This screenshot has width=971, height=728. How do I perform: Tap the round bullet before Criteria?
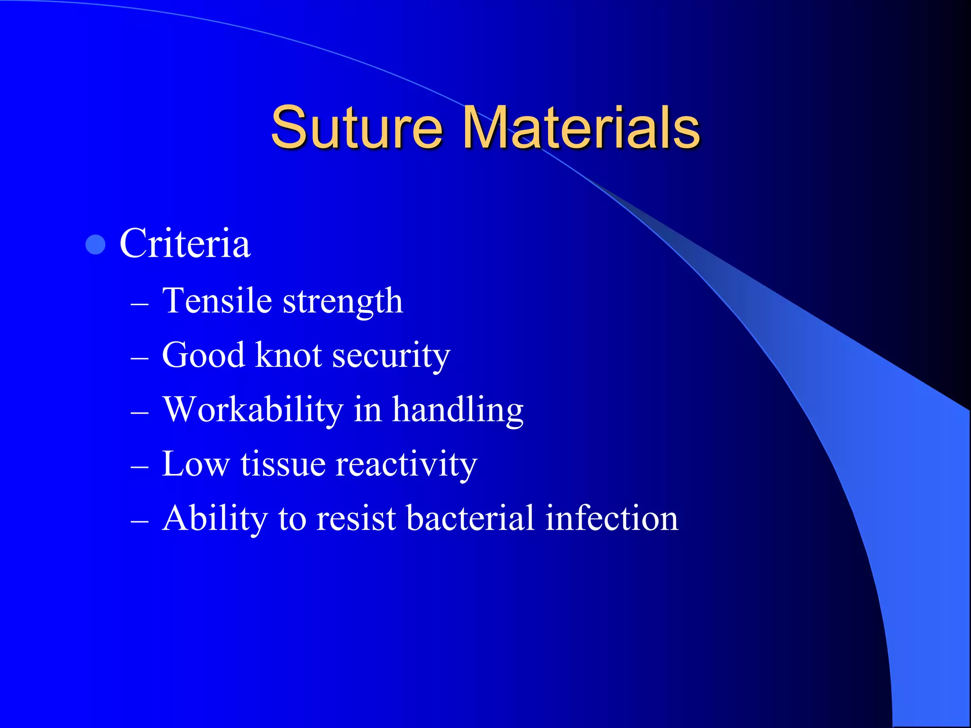[96, 245]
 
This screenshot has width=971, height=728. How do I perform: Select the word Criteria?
[185, 244]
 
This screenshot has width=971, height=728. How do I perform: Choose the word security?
[391, 356]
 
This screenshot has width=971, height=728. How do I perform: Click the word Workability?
[253, 410]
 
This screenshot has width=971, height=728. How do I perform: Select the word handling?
[458, 410]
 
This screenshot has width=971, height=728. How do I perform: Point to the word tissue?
[283, 464]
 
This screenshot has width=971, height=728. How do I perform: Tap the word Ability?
[215, 519]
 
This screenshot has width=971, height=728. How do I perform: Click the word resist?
[356, 518]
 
